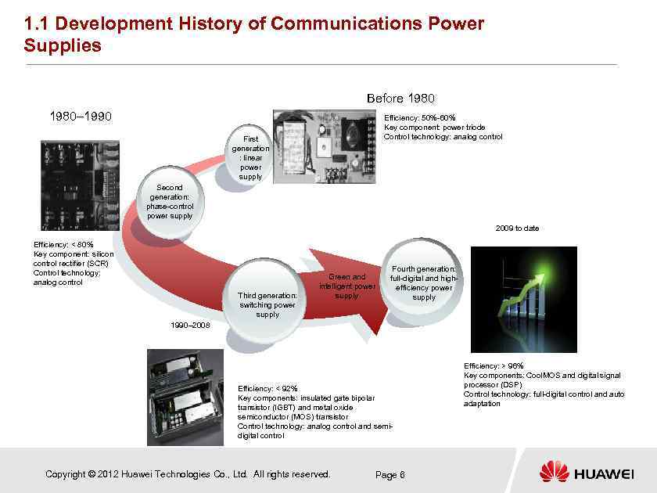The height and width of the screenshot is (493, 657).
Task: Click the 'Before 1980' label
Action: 400,98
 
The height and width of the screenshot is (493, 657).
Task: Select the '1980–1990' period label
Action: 81,117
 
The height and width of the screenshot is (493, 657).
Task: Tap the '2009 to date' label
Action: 516,228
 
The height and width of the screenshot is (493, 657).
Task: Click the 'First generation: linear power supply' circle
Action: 251,157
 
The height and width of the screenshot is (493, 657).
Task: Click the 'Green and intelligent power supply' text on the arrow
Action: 346,286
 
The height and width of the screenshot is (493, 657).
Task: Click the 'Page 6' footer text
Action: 390,474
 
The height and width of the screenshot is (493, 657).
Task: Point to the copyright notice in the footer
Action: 188,474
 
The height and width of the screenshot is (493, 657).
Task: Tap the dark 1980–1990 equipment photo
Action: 81,185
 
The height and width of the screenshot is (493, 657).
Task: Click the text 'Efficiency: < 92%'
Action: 267,388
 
